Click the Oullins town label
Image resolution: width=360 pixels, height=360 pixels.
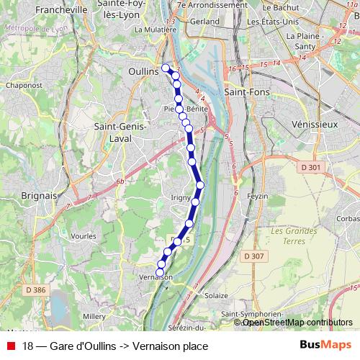(x=143, y=73)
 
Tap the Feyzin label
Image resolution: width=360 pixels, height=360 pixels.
(x=258, y=196)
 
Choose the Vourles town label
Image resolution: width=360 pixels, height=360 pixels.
(x=84, y=235)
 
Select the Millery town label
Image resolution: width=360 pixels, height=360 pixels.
(x=94, y=315)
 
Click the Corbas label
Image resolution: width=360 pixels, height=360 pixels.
(x=347, y=218)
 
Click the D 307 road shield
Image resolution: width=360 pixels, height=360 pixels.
(x=253, y=256)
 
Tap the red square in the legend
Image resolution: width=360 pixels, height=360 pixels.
(x=11, y=346)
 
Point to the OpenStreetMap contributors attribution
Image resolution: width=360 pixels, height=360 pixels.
(x=297, y=323)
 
